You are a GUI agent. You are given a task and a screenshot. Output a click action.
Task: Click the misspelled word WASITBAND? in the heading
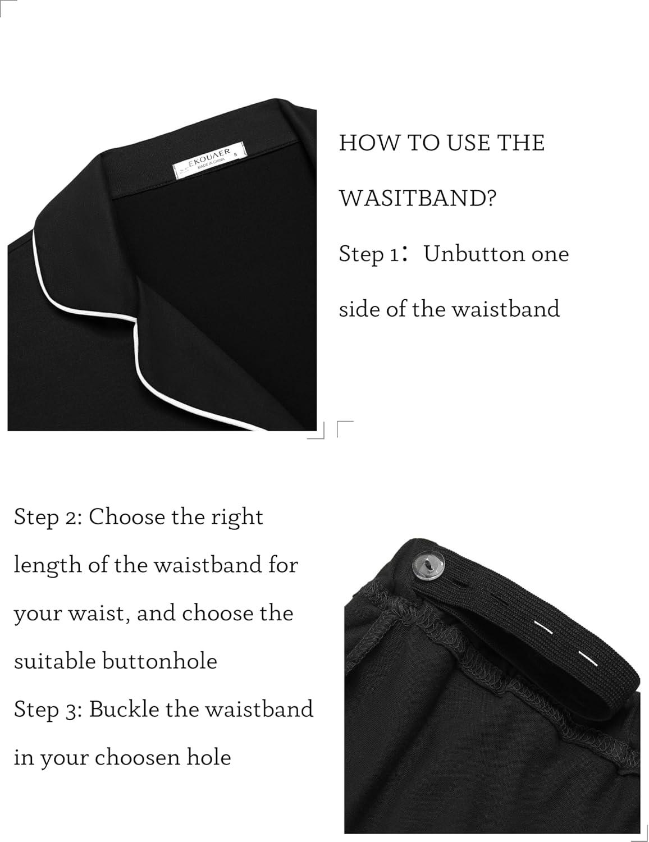pyautogui.click(x=417, y=198)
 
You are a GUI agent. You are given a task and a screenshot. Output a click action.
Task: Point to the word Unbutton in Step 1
pyautogui.click(x=472, y=254)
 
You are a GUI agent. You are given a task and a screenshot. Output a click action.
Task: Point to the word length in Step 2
pyautogui.click(x=48, y=566)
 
